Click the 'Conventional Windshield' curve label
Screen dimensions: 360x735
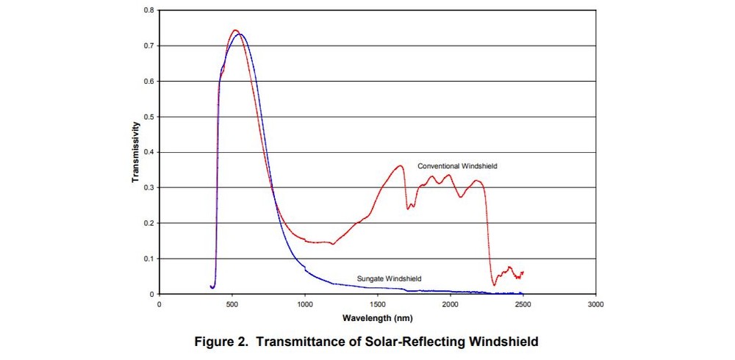[x=457, y=166]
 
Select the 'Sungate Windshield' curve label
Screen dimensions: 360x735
[x=389, y=278]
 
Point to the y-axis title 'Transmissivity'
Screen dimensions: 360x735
[x=137, y=153]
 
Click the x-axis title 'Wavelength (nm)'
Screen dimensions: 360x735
[x=378, y=317]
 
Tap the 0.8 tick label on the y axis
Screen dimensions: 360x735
[x=148, y=10]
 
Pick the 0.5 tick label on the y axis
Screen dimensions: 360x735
[x=148, y=117]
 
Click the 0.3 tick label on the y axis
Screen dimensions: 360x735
[x=148, y=187]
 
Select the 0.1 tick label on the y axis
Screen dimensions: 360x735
[x=148, y=259]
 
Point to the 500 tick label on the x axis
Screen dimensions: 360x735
[x=232, y=303]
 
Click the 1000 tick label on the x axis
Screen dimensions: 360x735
[x=305, y=303]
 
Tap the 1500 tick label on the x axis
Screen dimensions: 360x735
[x=378, y=303]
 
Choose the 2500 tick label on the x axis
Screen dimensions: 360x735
[x=523, y=303]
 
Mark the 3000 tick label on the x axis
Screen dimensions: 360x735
[x=596, y=303]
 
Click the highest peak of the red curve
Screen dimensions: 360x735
[x=234, y=30]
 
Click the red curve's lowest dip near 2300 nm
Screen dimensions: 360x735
[x=495, y=284]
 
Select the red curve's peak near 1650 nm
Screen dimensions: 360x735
[x=400, y=166]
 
